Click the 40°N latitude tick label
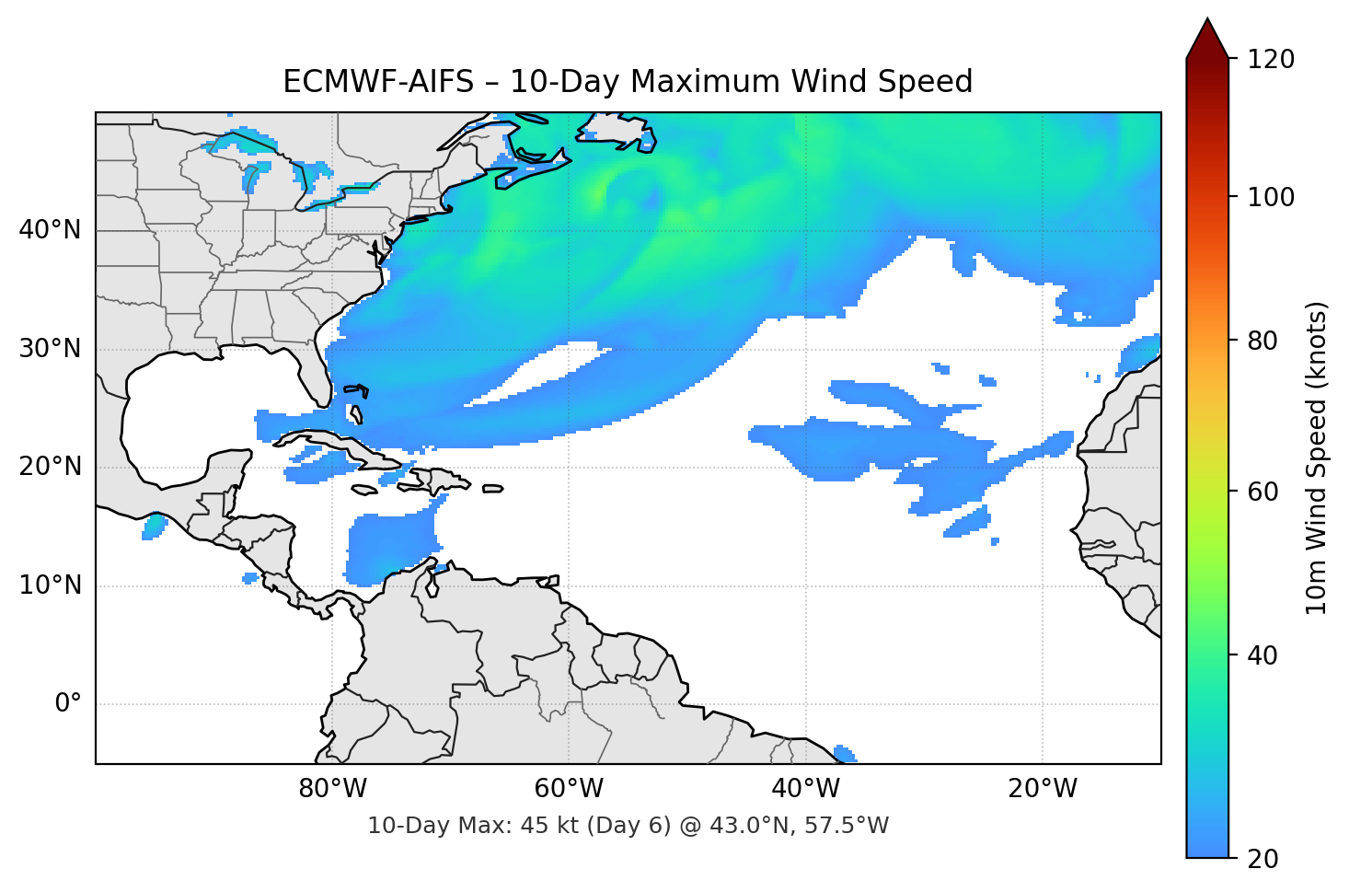(x=50, y=230)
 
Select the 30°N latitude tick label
(x=50, y=349)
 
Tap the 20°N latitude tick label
(x=50, y=467)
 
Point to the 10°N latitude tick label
(x=50, y=585)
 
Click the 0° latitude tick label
(x=68, y=704)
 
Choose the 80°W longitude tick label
(x=333, y=789)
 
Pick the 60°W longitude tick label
(x=570, y=789)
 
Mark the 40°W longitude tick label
(x=806, y=789)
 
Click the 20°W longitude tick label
(x=1043, y=789)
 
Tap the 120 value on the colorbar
(x=1271, y=59)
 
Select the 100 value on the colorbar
(x=1271, y=197)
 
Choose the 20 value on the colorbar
(x=1263, y=859)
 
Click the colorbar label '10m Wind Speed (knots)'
(x=1317, y=458)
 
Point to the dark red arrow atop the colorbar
(x=1207, y=39)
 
